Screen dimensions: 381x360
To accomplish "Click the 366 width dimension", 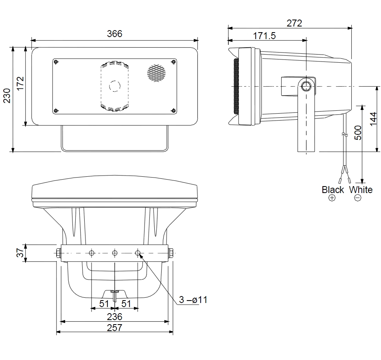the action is point(114,34).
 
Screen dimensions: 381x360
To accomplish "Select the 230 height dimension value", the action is point(7,96).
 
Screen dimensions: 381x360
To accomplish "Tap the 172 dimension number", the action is point(20,83).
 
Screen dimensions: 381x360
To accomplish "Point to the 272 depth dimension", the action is point(294,23).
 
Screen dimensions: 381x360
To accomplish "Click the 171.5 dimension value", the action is point(264,36).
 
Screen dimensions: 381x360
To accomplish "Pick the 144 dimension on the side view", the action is point(373,119).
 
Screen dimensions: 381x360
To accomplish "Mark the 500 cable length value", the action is point(358,133).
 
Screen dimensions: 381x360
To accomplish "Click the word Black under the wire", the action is point(333,190).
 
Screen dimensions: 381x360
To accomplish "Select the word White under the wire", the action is point(361,190).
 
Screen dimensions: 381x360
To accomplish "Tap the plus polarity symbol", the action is point(332,198).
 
